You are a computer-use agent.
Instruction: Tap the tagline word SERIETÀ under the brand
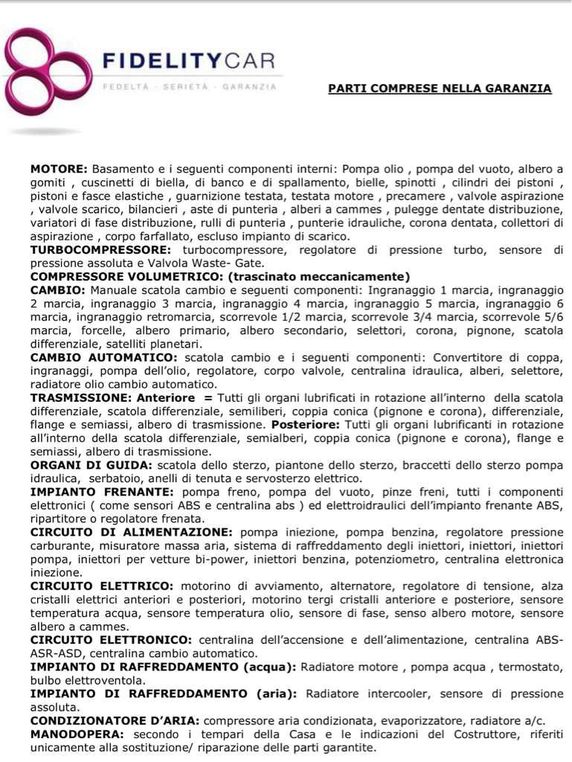click(183, 87)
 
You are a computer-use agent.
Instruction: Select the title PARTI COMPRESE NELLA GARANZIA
click(440, 89)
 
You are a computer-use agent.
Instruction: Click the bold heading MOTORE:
click(60, 169)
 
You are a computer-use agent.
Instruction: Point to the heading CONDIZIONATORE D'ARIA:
click(115, 720)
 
